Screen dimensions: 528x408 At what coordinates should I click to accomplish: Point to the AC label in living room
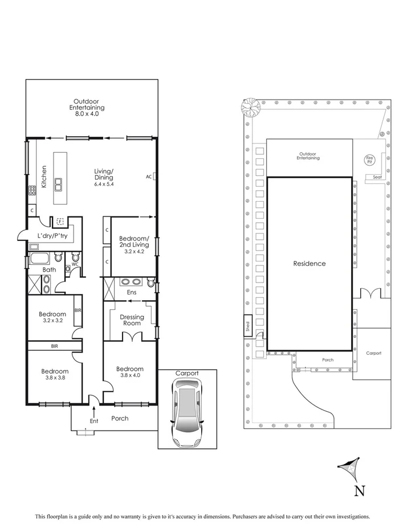coord(148,177)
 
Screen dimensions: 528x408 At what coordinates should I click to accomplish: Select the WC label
coord(74,265)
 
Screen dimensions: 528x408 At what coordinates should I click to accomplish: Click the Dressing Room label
coord(132,320)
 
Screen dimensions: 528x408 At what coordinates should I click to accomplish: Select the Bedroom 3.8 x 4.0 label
coord(129,372)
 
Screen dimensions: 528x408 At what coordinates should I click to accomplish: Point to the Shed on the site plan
coord(247,326)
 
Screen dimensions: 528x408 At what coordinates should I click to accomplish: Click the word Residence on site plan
coord(309,263)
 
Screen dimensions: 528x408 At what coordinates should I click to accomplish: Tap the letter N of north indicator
coord(359,489)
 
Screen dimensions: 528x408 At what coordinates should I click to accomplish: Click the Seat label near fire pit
coord(377,177)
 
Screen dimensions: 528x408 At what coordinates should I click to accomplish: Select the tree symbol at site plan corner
coord(249,105)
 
